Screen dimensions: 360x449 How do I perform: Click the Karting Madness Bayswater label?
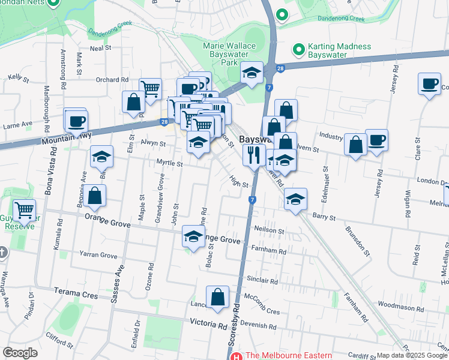click(339, 50)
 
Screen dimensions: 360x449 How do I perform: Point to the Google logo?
click(20, 353)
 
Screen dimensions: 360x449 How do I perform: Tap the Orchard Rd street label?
click(112, 79)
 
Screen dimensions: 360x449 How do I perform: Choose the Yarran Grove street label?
click(101, 256)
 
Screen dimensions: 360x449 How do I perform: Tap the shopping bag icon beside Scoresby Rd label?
click(217, 297)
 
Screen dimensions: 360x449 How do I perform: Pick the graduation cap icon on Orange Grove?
click(193, 238)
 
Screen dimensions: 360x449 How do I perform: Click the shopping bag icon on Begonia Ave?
click(95, 196)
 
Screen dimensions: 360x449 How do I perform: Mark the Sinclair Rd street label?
click(262, 280)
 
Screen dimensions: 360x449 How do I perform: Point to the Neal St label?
click(100, 47)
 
